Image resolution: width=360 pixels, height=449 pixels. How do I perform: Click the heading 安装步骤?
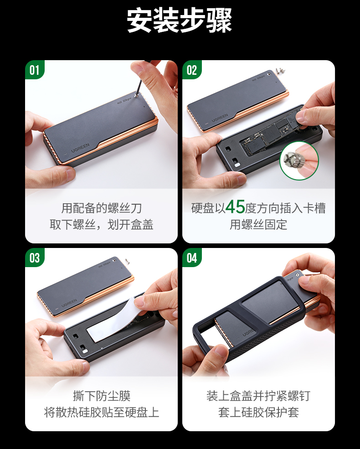click(180, 21)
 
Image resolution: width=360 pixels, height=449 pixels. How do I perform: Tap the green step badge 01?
click(35, 70)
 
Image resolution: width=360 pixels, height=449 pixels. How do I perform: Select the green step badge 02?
click(192, 70)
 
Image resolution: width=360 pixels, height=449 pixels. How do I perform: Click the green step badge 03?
click(35, 258)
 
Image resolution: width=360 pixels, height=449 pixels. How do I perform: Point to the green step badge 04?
click(192, 258)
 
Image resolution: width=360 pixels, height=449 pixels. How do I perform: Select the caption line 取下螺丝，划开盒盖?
click(101, 225)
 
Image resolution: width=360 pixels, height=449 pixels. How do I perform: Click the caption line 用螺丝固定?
click(258, 225)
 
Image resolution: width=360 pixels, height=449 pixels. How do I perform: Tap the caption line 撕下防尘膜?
click(101, 396)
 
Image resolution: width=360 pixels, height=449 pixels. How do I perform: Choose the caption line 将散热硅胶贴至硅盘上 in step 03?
click(101, 413)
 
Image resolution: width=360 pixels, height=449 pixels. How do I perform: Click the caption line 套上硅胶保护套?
click(258, 413)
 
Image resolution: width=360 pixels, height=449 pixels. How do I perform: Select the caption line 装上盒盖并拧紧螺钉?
click(258, 396)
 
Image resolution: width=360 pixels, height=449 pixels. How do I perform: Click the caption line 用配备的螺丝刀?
click(101, 208)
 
